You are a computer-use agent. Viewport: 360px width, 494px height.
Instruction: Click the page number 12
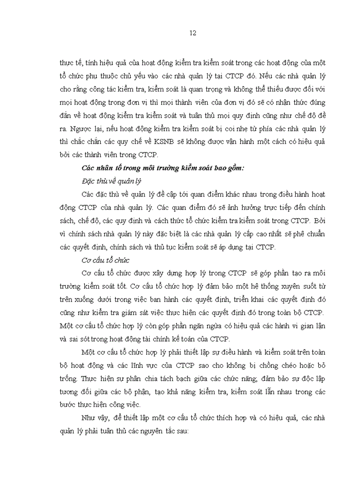tap(193, 33)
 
